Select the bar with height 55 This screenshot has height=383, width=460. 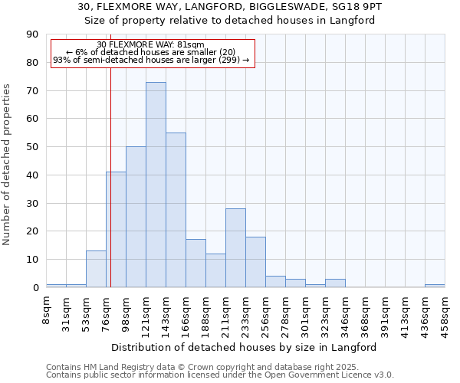coord(176,210)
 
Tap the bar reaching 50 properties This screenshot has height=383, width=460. coord(136,217)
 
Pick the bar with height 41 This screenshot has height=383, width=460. coord(116,230)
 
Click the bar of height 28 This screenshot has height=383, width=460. coord(235,247)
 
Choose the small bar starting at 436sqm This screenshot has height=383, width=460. coord(435,286)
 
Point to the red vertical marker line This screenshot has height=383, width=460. coord(110,191)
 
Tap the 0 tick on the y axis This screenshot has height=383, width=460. coord(36,288)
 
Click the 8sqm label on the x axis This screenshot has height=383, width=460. coord(47,309)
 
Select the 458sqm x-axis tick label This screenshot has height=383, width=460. coord(445,313)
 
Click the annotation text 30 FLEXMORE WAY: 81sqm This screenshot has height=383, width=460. coord(151,45)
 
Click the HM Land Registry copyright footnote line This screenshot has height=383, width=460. coord(202,367)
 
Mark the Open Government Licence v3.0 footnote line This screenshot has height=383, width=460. coord(220,375)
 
